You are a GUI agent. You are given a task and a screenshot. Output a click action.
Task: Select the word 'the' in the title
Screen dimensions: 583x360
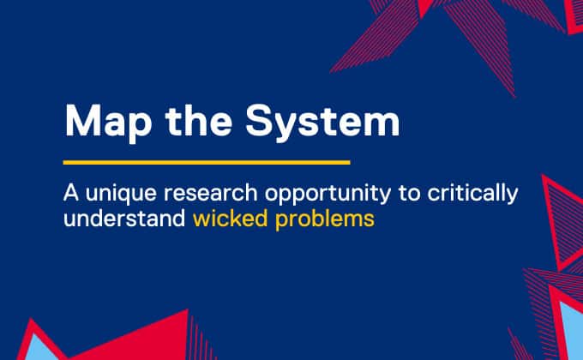pyautogui.click(x=199, y=121)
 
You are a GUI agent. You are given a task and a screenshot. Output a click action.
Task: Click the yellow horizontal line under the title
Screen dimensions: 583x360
pyautogui.click(x=207, y=162)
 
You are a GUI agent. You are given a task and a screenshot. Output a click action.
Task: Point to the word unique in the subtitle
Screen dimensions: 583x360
pyautogui.click(x=121, y=194)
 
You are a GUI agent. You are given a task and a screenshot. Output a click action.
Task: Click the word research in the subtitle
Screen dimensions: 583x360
pyautogui.click(x=211, y=193)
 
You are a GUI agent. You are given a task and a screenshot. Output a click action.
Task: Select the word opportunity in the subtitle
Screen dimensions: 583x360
pyautogui.click(x=328, y=195)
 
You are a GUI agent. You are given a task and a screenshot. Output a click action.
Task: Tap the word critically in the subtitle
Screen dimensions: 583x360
pyautogui.click(x=472, y=194)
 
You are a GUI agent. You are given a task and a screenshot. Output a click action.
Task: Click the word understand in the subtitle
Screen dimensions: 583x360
pyautogui.click(x=124, y=218)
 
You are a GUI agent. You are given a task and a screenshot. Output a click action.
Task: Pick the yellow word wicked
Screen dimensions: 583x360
pyautogui.click(x=230, y=218)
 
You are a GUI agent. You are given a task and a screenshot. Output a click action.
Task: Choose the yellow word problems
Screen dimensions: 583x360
pyautogui.click(x=325, y=219)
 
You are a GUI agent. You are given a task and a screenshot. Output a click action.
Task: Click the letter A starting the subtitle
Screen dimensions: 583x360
pyautogui.click(x=71, y=193)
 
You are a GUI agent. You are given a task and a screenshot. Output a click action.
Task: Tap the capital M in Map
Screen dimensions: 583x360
pyautogui.click(x=83, y=121)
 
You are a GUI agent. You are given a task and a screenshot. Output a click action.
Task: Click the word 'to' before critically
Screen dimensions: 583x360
pyautogui.click(x=409, y=194)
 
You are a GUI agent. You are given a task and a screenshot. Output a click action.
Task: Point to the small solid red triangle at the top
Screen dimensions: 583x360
pyautogui.click(x=425, y=8)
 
